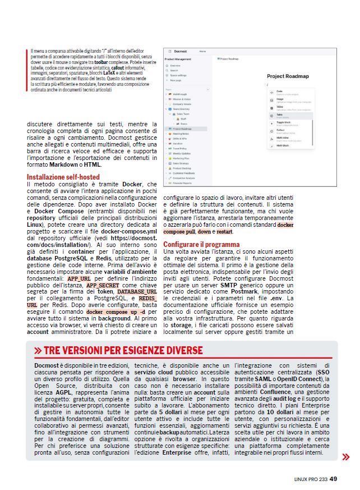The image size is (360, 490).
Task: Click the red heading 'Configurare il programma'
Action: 201,245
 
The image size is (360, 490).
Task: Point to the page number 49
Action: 333,479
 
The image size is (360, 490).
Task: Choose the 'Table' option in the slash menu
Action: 280,114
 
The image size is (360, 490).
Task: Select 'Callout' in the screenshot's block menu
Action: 281,130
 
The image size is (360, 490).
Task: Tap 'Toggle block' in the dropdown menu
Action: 284,122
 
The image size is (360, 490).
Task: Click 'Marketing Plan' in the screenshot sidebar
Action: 182,158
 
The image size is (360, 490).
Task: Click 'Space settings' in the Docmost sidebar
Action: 178,75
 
